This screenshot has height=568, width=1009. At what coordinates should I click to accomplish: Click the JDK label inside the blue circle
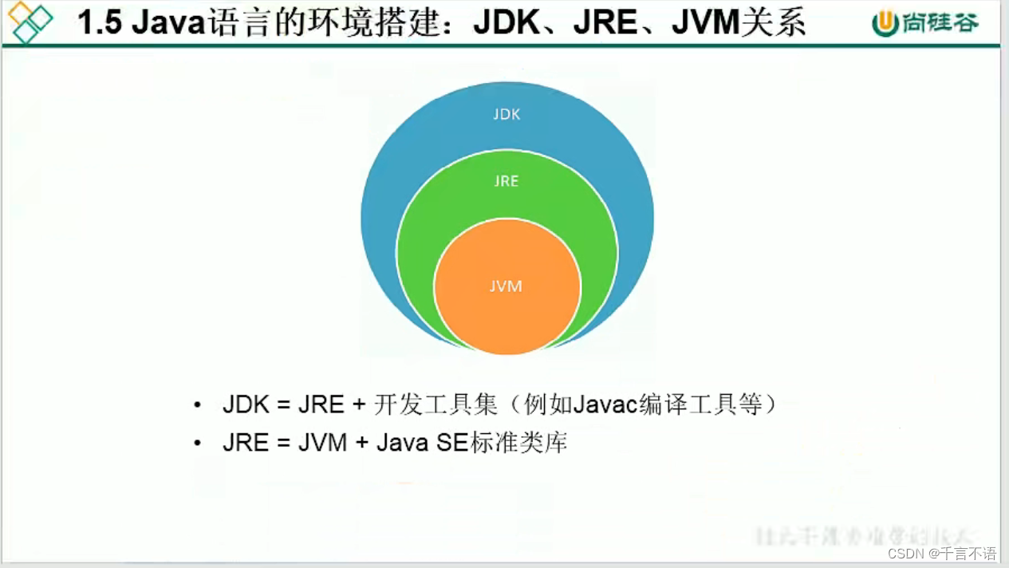(x=506, y=114)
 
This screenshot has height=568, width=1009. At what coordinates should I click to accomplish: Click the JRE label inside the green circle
(x=506, y=181)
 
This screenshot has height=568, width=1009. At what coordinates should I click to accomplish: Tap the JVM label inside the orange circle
(x=506, y=286)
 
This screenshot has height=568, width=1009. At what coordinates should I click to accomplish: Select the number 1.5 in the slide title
(x=99, y=23)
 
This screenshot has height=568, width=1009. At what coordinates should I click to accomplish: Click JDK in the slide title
(x=506, y=23)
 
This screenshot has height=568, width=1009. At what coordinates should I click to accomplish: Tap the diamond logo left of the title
(x=30, y=22)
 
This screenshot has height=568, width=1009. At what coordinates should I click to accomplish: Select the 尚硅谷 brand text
(x=941, y=23)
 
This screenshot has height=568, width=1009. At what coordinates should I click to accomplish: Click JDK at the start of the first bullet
(x=246, y=404)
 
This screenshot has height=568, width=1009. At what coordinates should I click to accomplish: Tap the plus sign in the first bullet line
(x=358, y=404)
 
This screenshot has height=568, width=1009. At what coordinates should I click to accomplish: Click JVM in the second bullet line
(x=322, y=443)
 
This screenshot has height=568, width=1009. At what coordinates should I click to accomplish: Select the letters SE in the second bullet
(x=451, y=443)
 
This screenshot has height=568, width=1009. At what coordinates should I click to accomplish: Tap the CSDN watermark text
(x=906, y=553)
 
